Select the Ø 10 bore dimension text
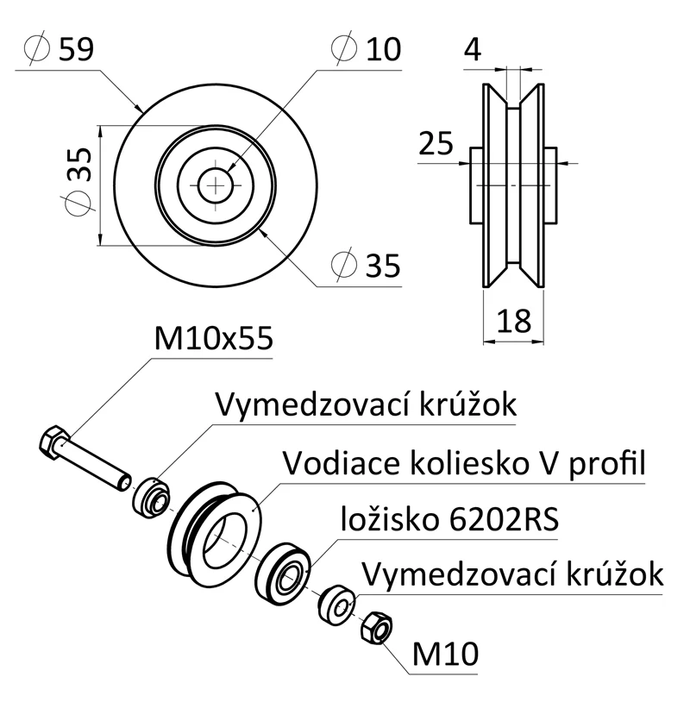[x=366, y=49]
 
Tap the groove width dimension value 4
[x=472, y=49]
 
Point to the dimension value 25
[x=436, y=143]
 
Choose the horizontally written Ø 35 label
[x=366, y=266]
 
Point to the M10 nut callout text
[x=445, y=655]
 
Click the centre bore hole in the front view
[x=216, y=184]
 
